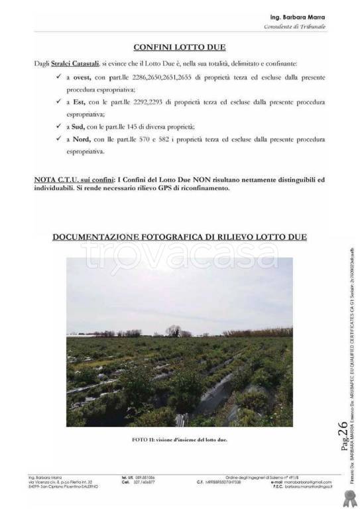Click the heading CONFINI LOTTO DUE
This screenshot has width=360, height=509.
[180, 47]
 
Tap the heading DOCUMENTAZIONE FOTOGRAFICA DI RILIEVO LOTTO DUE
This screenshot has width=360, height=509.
[180, 237]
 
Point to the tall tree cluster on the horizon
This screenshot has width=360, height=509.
[174, 329]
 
